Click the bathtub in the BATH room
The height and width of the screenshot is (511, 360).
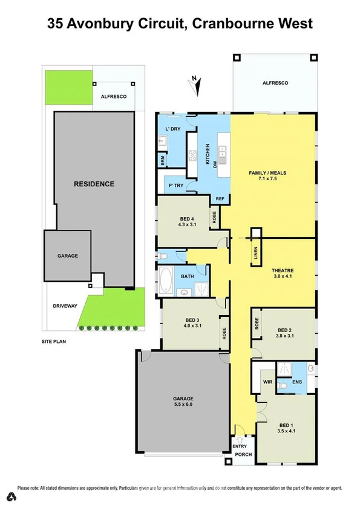tap(166, 281)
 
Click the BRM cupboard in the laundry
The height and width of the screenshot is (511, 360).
tap(162, 160)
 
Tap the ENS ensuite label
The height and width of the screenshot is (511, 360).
tap(296, 383)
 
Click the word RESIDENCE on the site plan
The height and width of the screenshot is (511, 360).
tap(94, 184)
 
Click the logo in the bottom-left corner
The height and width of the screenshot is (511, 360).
tap(10, 496)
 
